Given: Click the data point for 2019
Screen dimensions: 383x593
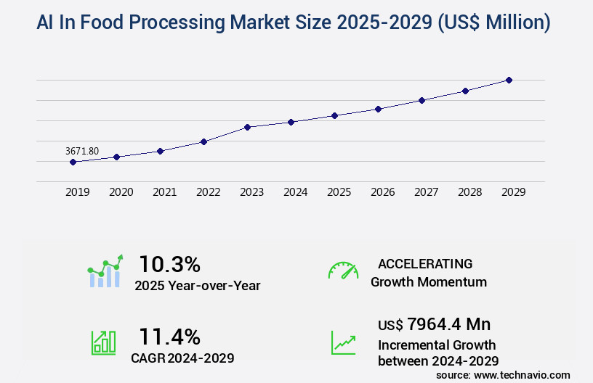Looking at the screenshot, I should click(73, 162).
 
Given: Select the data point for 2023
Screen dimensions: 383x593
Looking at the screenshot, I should click(247, 127).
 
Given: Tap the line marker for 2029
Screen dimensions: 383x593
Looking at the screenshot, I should click(509, 80).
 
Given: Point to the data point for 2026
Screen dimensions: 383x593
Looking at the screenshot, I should click(378, 109).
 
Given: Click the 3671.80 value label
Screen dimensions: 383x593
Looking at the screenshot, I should click(82, 151).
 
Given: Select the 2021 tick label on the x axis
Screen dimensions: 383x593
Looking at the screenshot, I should click(164, 192).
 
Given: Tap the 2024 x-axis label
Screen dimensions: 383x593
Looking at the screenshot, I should click(295, 192).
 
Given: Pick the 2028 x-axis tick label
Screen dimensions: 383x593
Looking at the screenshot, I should click(469, 192).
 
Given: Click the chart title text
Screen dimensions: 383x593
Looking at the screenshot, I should click(294, 23).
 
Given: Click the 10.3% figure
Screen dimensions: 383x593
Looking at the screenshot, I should click(169, 263).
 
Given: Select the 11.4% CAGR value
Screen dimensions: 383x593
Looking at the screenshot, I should click(169, 336).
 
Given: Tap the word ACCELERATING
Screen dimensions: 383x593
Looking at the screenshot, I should click(425, 263).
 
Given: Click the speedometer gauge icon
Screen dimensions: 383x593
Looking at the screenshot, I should click(343, 271).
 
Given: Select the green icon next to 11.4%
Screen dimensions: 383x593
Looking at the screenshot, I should click(103, 342).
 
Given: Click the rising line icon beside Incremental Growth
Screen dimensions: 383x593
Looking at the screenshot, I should click(343, 342).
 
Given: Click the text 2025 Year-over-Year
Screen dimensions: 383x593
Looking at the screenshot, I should click(197, 286).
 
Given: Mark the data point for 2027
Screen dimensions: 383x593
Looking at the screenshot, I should click(421, 100).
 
